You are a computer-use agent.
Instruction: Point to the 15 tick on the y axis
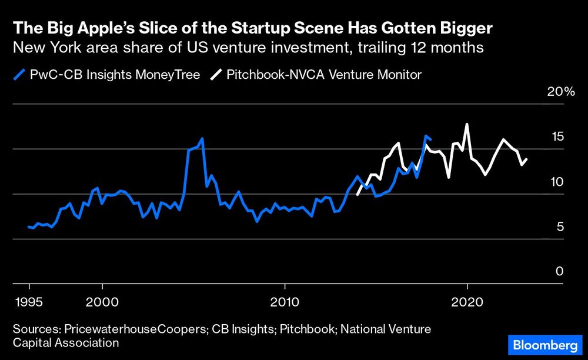(x=557, y=136)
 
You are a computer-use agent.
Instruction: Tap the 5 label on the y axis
(x=560, y=226)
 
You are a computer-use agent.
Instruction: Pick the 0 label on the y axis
(x=560, y=271)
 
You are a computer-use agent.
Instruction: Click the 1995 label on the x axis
(x=29, y=302)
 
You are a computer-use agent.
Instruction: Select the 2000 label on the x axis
(x=102, y=302)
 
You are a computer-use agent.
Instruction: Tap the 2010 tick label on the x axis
(x=285, y=302)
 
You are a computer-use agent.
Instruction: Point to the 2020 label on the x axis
(x=467, y=302)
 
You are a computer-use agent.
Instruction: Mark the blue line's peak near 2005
(x=202, y=138)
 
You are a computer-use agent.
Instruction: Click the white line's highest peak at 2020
(x=467, y=124)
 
